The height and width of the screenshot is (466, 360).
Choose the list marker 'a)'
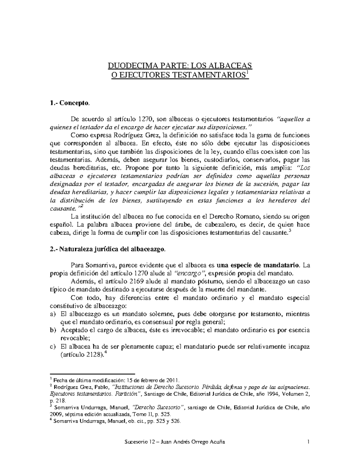[52, 314]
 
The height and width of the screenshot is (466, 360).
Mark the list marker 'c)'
[52, 347]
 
